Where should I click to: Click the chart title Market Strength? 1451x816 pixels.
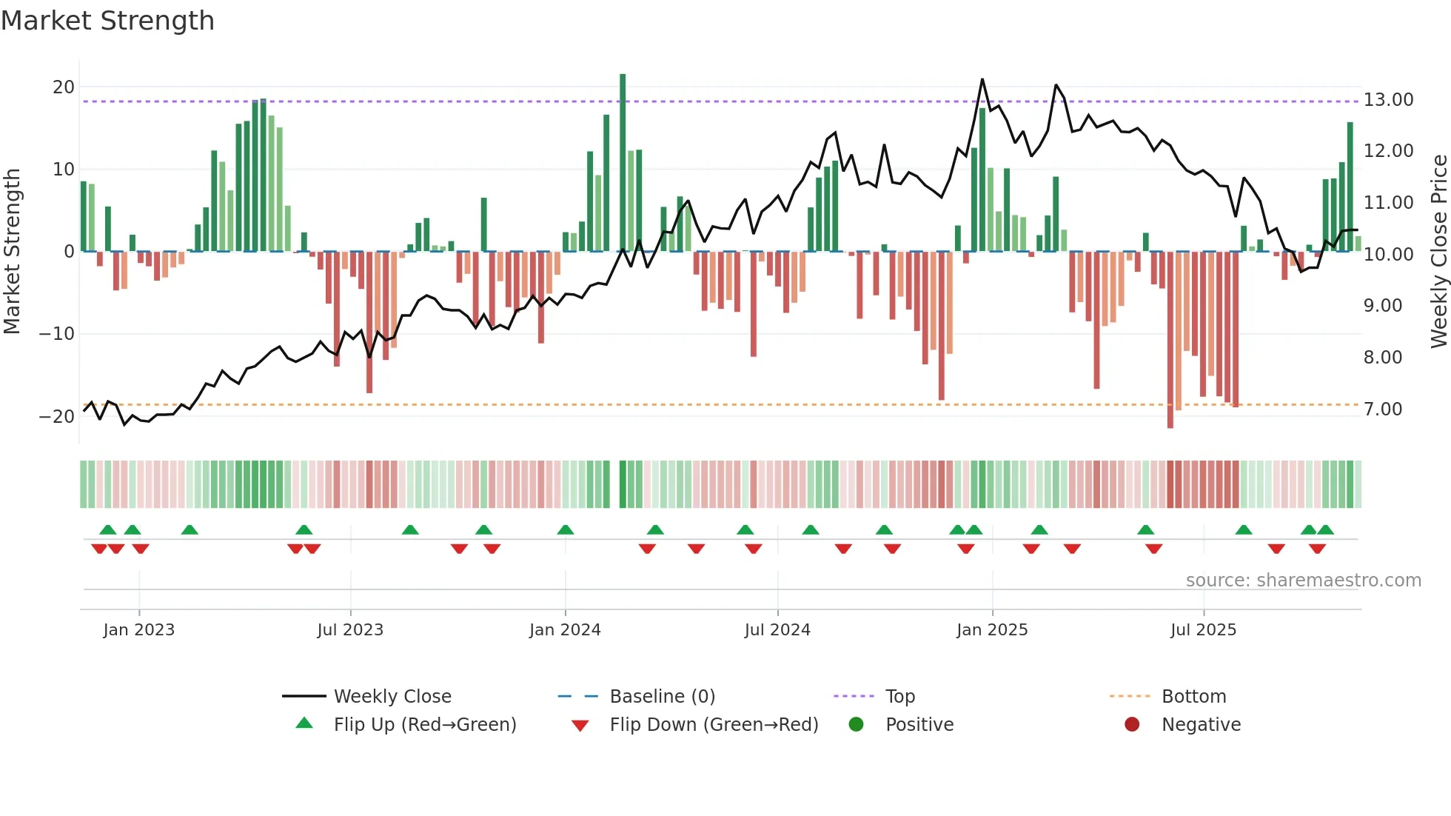coord(107,21)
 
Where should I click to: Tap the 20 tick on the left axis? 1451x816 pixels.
coord(64,87)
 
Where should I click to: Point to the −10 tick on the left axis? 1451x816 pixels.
coord(56,334)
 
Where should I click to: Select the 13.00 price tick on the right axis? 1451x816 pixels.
coord(1388,100)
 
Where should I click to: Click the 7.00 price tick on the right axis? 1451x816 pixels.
coord(1382,409)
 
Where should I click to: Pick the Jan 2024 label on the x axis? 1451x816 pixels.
coord(565,630)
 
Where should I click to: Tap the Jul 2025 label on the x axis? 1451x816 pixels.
coord(1203,630)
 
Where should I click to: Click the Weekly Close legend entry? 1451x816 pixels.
coord(392,697)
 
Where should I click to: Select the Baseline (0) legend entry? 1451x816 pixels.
coord(662,697)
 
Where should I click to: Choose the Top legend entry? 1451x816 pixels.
coord(899,697)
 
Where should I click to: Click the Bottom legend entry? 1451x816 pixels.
coord(1193,697)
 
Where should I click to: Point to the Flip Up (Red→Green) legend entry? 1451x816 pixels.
coord(424,725)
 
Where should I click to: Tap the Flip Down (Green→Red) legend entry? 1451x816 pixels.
coord(714,725)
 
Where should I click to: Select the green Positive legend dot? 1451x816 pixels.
coord(857,725)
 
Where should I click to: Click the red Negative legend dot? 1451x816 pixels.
coord(1132,725)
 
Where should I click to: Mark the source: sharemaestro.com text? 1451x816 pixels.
coord(1303,581)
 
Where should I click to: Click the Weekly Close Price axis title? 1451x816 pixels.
coord(1438,252)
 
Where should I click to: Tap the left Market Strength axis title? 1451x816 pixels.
coord(13,252)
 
